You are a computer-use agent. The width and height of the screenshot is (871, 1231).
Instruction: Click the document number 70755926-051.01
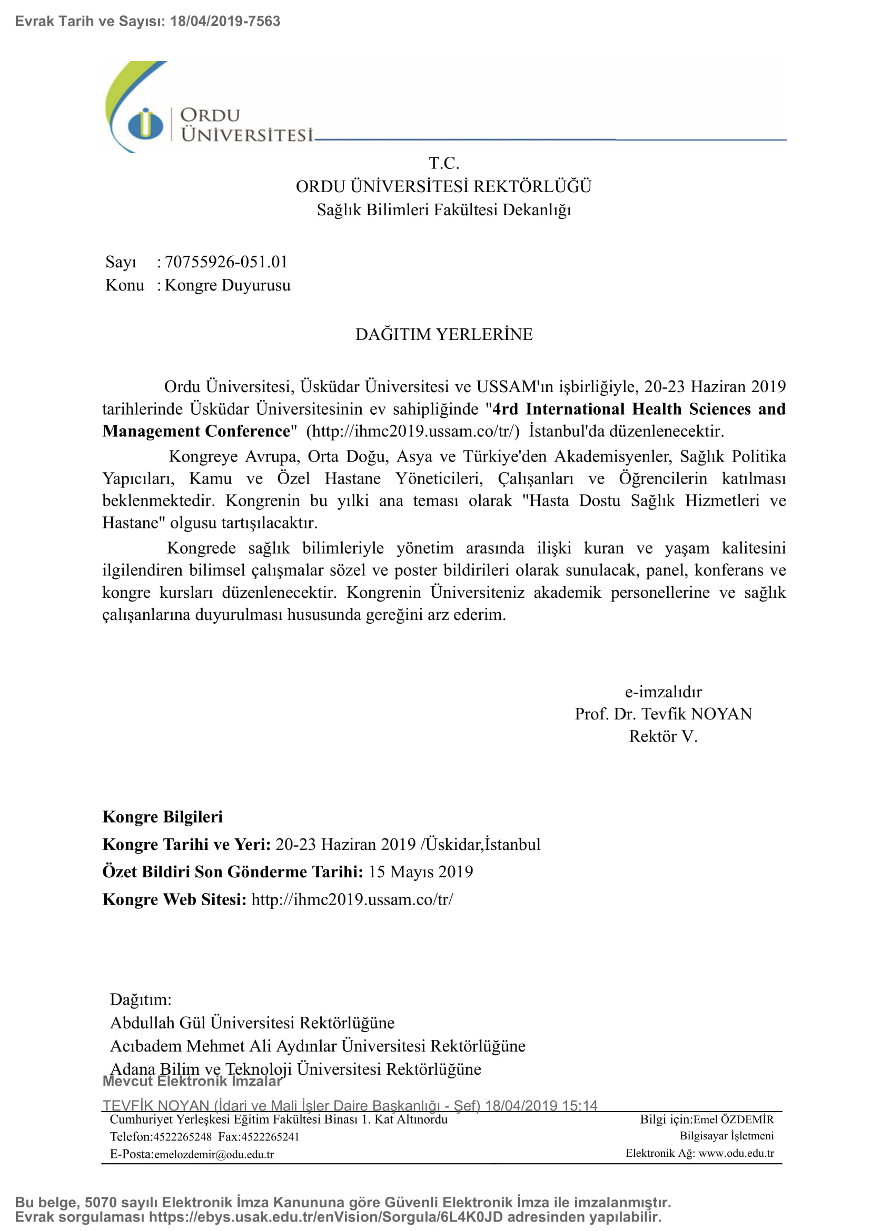[x=226, y=262]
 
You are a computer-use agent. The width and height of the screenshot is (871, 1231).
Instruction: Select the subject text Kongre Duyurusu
[x=227, y=285]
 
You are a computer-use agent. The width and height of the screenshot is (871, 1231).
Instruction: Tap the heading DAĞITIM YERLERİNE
[x=443, y=334]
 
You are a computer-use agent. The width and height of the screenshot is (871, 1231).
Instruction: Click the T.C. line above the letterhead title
[x=443, y=163]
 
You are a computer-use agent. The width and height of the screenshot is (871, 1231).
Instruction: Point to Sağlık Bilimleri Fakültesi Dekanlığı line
[x=443, y=209]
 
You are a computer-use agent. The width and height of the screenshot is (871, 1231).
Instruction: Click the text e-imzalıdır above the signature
[x=663, y=692]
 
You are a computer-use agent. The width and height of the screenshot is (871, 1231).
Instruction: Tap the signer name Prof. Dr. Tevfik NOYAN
[x=663, y=714]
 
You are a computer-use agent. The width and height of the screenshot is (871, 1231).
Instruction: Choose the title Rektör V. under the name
[x=663, y=736]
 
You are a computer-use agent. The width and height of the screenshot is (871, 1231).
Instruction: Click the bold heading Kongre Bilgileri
[x=163, y=817]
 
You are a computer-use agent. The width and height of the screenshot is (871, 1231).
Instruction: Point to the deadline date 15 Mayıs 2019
[x=420, y=872]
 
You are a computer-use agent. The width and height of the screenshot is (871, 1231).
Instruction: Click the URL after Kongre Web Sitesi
[x=352, y=899]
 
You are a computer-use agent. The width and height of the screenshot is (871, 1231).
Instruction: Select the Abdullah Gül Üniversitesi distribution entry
[x=252, y=1023]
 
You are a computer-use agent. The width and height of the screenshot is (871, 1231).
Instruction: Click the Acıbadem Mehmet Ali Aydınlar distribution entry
[x=318, y=1046]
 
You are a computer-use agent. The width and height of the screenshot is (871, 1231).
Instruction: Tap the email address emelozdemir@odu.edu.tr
[x=214, y=1154]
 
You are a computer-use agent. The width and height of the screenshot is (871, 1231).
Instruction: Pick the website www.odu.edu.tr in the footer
[x=736, y=1153]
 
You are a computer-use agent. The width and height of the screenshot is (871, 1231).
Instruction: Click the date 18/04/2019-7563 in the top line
[x=225, y=22]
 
